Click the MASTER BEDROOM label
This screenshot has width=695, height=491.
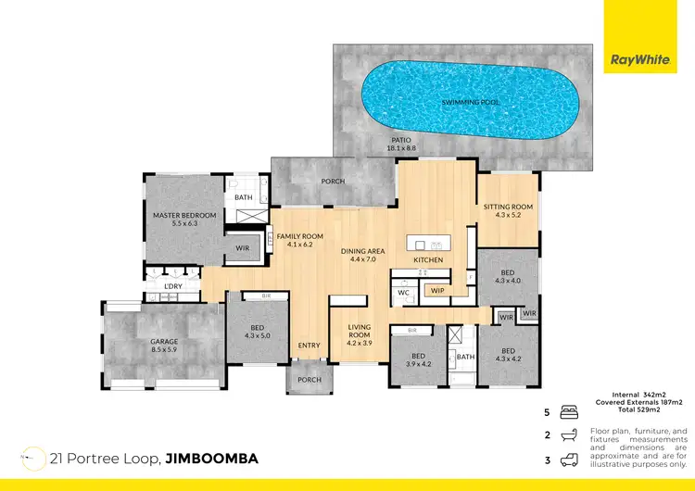point(184,220)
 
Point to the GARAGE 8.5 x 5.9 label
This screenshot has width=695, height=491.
point(164,346)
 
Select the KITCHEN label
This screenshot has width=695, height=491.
point(428,261)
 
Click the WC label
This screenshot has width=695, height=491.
point(404,292)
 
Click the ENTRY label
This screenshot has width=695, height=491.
point(309,346)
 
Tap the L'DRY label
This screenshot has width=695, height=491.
point(172,287)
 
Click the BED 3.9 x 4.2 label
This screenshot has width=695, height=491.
point(418,359)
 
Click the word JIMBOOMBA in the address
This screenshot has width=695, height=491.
point(211,459)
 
